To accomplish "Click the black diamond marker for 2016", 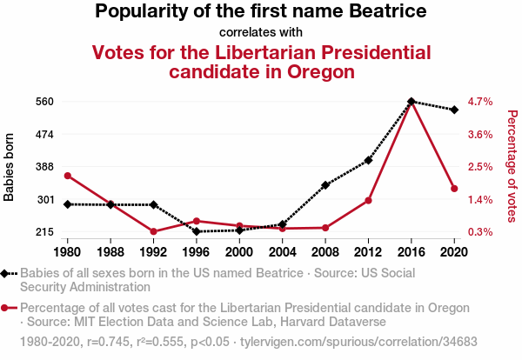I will tap(412, 101).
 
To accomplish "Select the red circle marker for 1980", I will tap(67, 176).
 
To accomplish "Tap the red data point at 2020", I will tap(454, 189).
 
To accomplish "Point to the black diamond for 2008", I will tap(325, 185).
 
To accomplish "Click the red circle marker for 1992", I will tap(153, 231).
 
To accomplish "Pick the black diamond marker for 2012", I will tap(368, 160).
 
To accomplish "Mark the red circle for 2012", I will tap(368, 201).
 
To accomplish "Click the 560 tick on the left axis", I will tap(45, 101).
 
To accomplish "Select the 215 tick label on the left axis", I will tap(45, 232).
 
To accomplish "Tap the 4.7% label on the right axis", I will tap(480, 101).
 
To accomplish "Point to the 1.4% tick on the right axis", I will tap(480, 200).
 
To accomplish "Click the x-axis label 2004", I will tap(282, 252).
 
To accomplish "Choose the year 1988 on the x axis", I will tap(110, 252).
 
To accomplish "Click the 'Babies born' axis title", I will tap(10, 167).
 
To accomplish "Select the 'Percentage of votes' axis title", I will tap(512, 167).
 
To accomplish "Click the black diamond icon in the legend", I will tap(7, 273).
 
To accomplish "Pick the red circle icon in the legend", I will tap(7, 308).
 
